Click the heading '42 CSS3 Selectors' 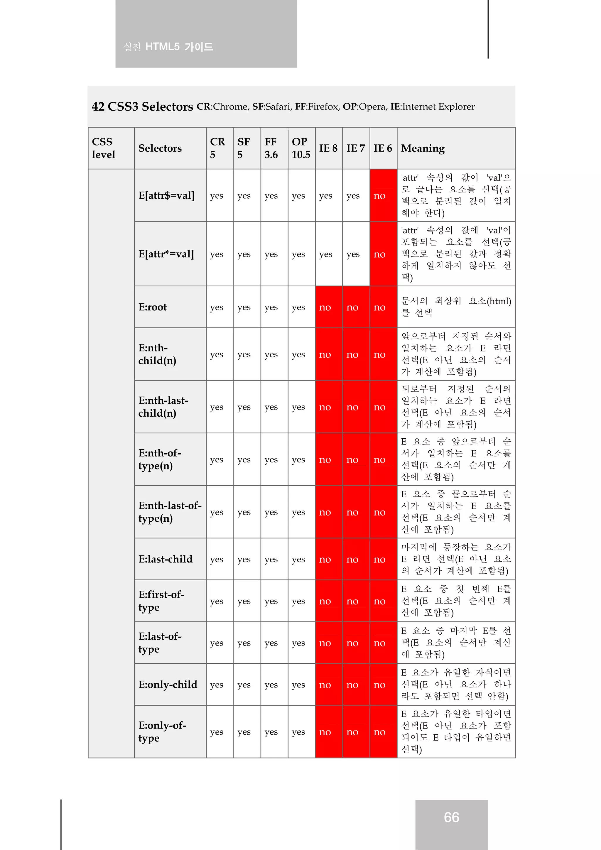[142, 107]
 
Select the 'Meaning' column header [423, 148]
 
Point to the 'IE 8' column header [328, 148]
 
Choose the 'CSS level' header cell [104, 148]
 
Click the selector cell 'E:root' [153, 307]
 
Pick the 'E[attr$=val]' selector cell [166, 195]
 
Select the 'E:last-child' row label [166, 559]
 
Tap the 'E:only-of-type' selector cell [162, 731]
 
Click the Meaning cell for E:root [455, 307]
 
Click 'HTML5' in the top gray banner [162, 47]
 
